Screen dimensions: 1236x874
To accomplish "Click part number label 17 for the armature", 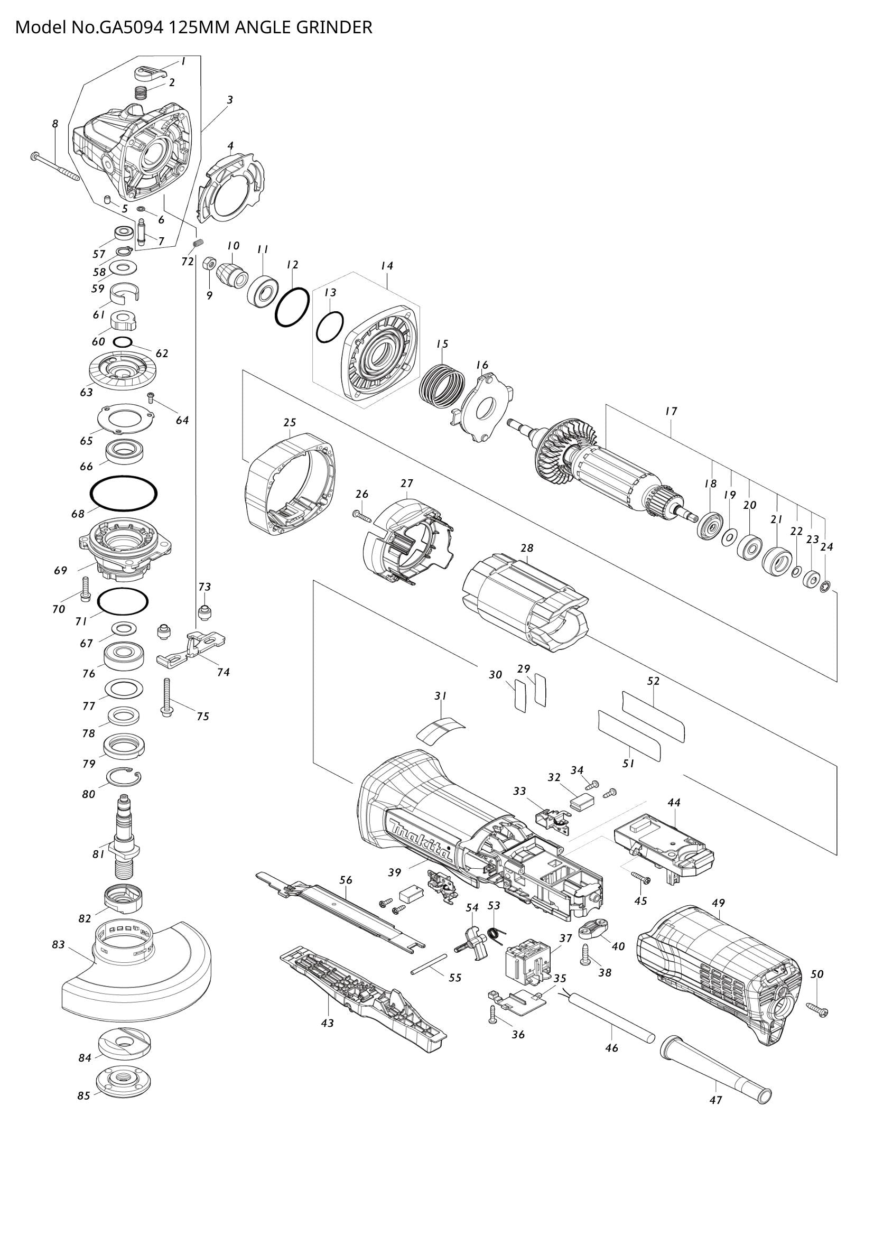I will [671, 411].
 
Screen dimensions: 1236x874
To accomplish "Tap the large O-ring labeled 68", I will [124, 492].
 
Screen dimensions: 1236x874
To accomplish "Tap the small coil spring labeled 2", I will [141, 93].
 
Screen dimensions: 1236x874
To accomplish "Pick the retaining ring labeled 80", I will [124, 777].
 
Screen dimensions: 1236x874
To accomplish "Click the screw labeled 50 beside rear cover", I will [817, 1009].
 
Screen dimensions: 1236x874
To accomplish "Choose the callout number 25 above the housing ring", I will [290, 422].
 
